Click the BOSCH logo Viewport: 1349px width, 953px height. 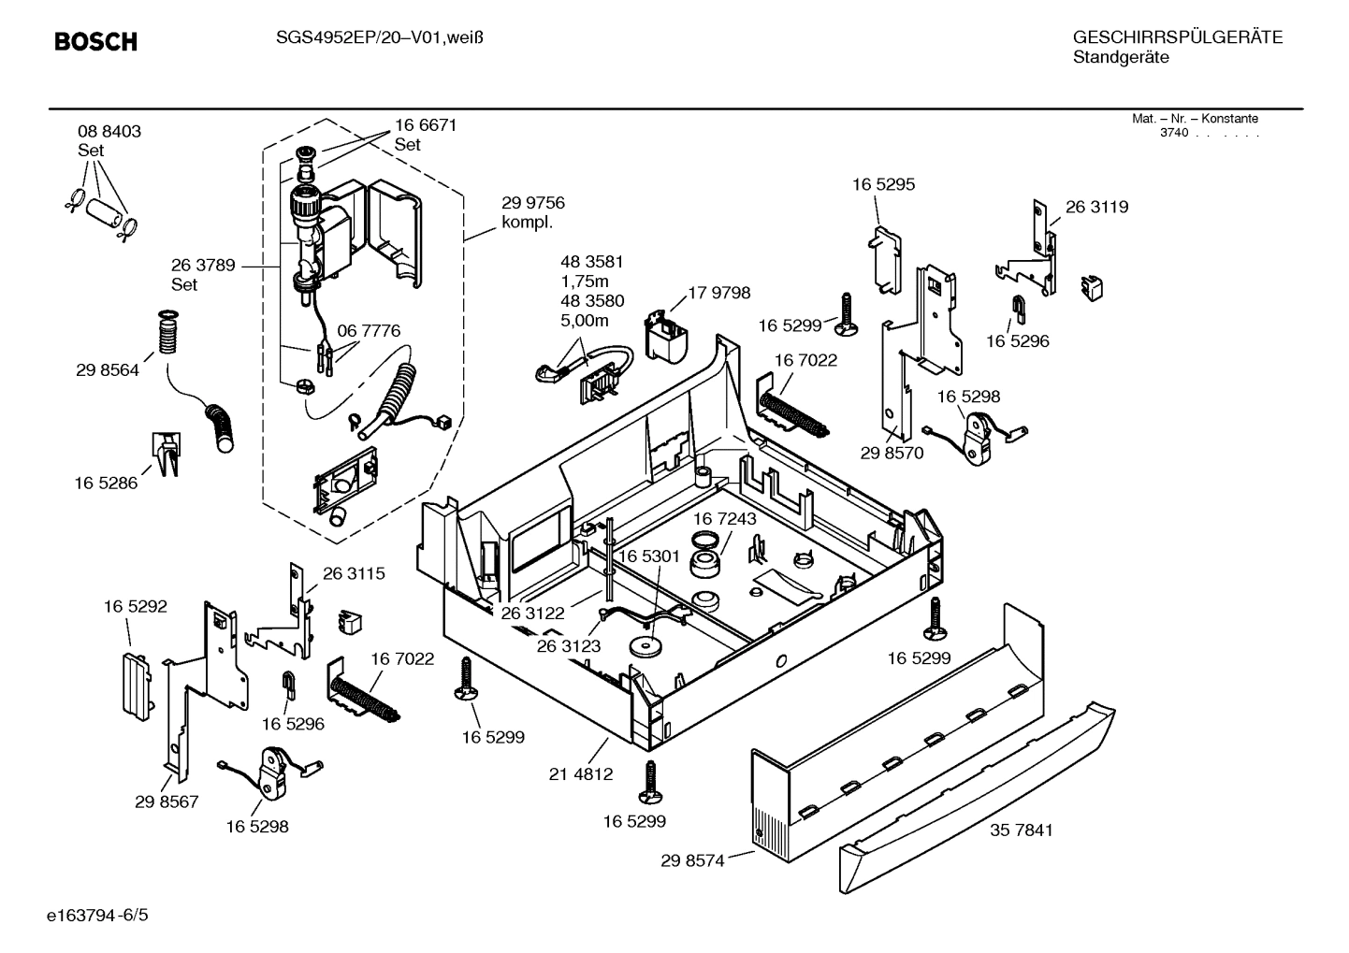(x=95, y=42)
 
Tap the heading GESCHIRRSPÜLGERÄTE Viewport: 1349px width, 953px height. (x=1177, y=37)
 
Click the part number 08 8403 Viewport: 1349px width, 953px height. (x=109, y=132)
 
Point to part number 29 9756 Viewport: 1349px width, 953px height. (x=532, y=203)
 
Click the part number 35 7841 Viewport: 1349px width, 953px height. (x=1021, y=830)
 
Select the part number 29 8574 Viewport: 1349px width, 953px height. (x=692, y=860)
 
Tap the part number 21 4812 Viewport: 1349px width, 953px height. (x=581, y=773)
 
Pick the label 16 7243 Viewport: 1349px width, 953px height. (x=725, y=518)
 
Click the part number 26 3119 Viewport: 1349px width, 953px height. (x=1096, y=207)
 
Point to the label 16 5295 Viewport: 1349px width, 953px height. (x=883, y=184)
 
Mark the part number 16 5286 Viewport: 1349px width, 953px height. (x=106, y=484)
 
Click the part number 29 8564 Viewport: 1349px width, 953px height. (x=108, y=370)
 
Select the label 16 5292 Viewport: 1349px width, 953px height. (x=135, y=607)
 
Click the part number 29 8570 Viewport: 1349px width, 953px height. (x=892, y=453)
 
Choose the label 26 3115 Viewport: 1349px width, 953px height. (x=354, y=573)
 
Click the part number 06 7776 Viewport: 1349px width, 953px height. (x=369, y=330)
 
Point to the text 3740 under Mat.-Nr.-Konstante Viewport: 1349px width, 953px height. (x=1173, y=133)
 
